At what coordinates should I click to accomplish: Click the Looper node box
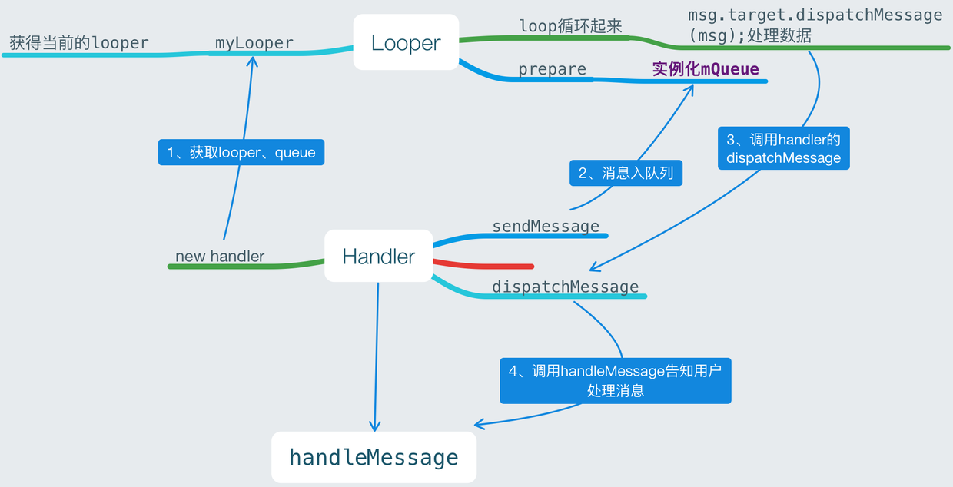[x=406, y=43]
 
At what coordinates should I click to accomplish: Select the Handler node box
[x=378, y=257]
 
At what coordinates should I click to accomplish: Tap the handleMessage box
[x=374, y=458]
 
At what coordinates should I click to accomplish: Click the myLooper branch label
[x=254, y=43]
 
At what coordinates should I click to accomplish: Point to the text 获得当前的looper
[x=79, y=43]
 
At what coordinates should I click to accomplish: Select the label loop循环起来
[x=570, y=26]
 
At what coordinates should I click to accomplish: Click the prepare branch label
[x=552, y=69]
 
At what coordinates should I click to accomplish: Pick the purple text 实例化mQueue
[x=706, y=69]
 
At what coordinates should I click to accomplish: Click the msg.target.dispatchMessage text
[x=815, y=25]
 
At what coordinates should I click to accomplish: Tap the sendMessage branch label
[x=546, y=226]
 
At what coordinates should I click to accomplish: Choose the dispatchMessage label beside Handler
[x=565, y=287]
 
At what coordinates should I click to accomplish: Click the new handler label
[x=220, y=257]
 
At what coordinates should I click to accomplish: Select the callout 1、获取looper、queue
[x=241, y=152]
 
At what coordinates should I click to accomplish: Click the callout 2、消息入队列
[x=626, y=173]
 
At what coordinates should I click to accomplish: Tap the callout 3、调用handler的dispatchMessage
[x=784, y=148]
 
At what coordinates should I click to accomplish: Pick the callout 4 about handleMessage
[x=615, y=380]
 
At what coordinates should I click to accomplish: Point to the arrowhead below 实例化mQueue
[x=689, y=89]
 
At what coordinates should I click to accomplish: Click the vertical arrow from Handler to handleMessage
[x=377, y=353]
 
